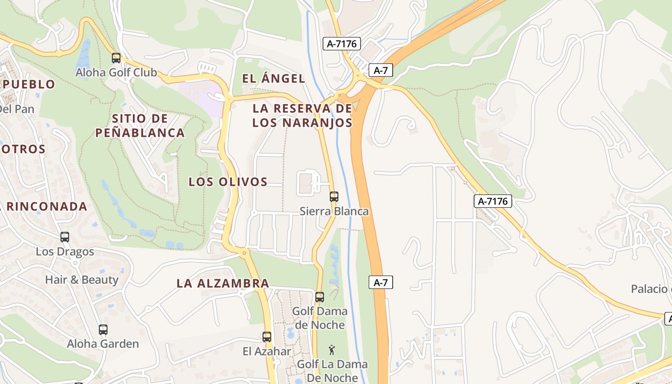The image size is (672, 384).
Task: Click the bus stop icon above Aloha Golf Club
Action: pos(116,58)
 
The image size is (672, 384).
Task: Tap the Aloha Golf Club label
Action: pos(116,73)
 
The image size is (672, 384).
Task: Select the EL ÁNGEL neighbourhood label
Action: pos(274,79)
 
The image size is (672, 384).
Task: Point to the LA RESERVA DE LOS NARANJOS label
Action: pos(302,115)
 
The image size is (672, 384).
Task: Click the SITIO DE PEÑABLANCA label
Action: pos(140,125)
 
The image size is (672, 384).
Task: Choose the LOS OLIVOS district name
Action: pos(228,182)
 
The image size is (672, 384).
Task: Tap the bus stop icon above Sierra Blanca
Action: pos(334,196)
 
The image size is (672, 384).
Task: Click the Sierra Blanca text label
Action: pos(334,211)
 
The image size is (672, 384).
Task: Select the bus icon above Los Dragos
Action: pos(65,237)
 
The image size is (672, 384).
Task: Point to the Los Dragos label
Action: pos(65,252)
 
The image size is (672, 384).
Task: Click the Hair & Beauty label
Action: pos(82,279)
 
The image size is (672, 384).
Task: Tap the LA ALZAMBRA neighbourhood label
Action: pos(223,283)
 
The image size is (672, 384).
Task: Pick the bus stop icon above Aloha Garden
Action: pos(103,329)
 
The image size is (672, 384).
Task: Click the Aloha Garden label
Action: pos(103,344)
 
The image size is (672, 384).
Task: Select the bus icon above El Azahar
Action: pos(267,336)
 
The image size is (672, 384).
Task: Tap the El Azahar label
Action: pos(267,351)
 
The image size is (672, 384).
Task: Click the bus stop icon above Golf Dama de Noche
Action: pos(320,297)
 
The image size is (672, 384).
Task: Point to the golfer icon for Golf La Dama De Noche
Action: pos(332,350)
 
